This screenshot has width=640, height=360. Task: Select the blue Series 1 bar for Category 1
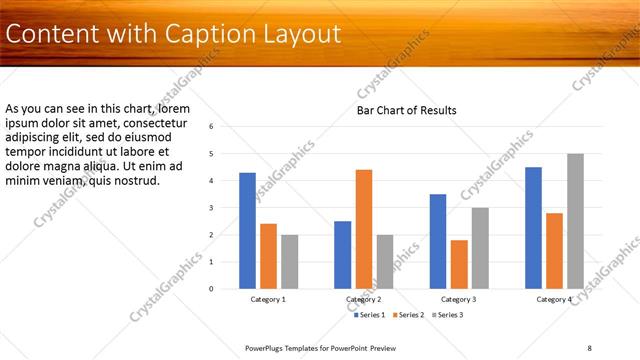(248, 231)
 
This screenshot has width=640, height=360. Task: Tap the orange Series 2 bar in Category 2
(364, 229)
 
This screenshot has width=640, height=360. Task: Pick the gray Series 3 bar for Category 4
(575, 221)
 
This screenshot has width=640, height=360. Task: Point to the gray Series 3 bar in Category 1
(289, 261)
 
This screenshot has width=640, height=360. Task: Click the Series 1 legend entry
(370, 315)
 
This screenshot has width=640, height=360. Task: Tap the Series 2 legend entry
(408, 315)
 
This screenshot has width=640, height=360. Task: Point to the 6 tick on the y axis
(211, 127)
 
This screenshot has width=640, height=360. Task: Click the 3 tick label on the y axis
(211, 208)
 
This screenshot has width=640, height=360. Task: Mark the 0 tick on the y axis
(211, 289)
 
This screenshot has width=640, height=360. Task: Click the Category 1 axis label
(268, 299)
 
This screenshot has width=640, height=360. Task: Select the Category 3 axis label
(458, 299)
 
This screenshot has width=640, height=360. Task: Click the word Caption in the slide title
(213, 34)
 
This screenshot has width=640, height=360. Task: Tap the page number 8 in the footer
(589, 347)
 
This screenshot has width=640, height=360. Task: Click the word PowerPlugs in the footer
(268, 347)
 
